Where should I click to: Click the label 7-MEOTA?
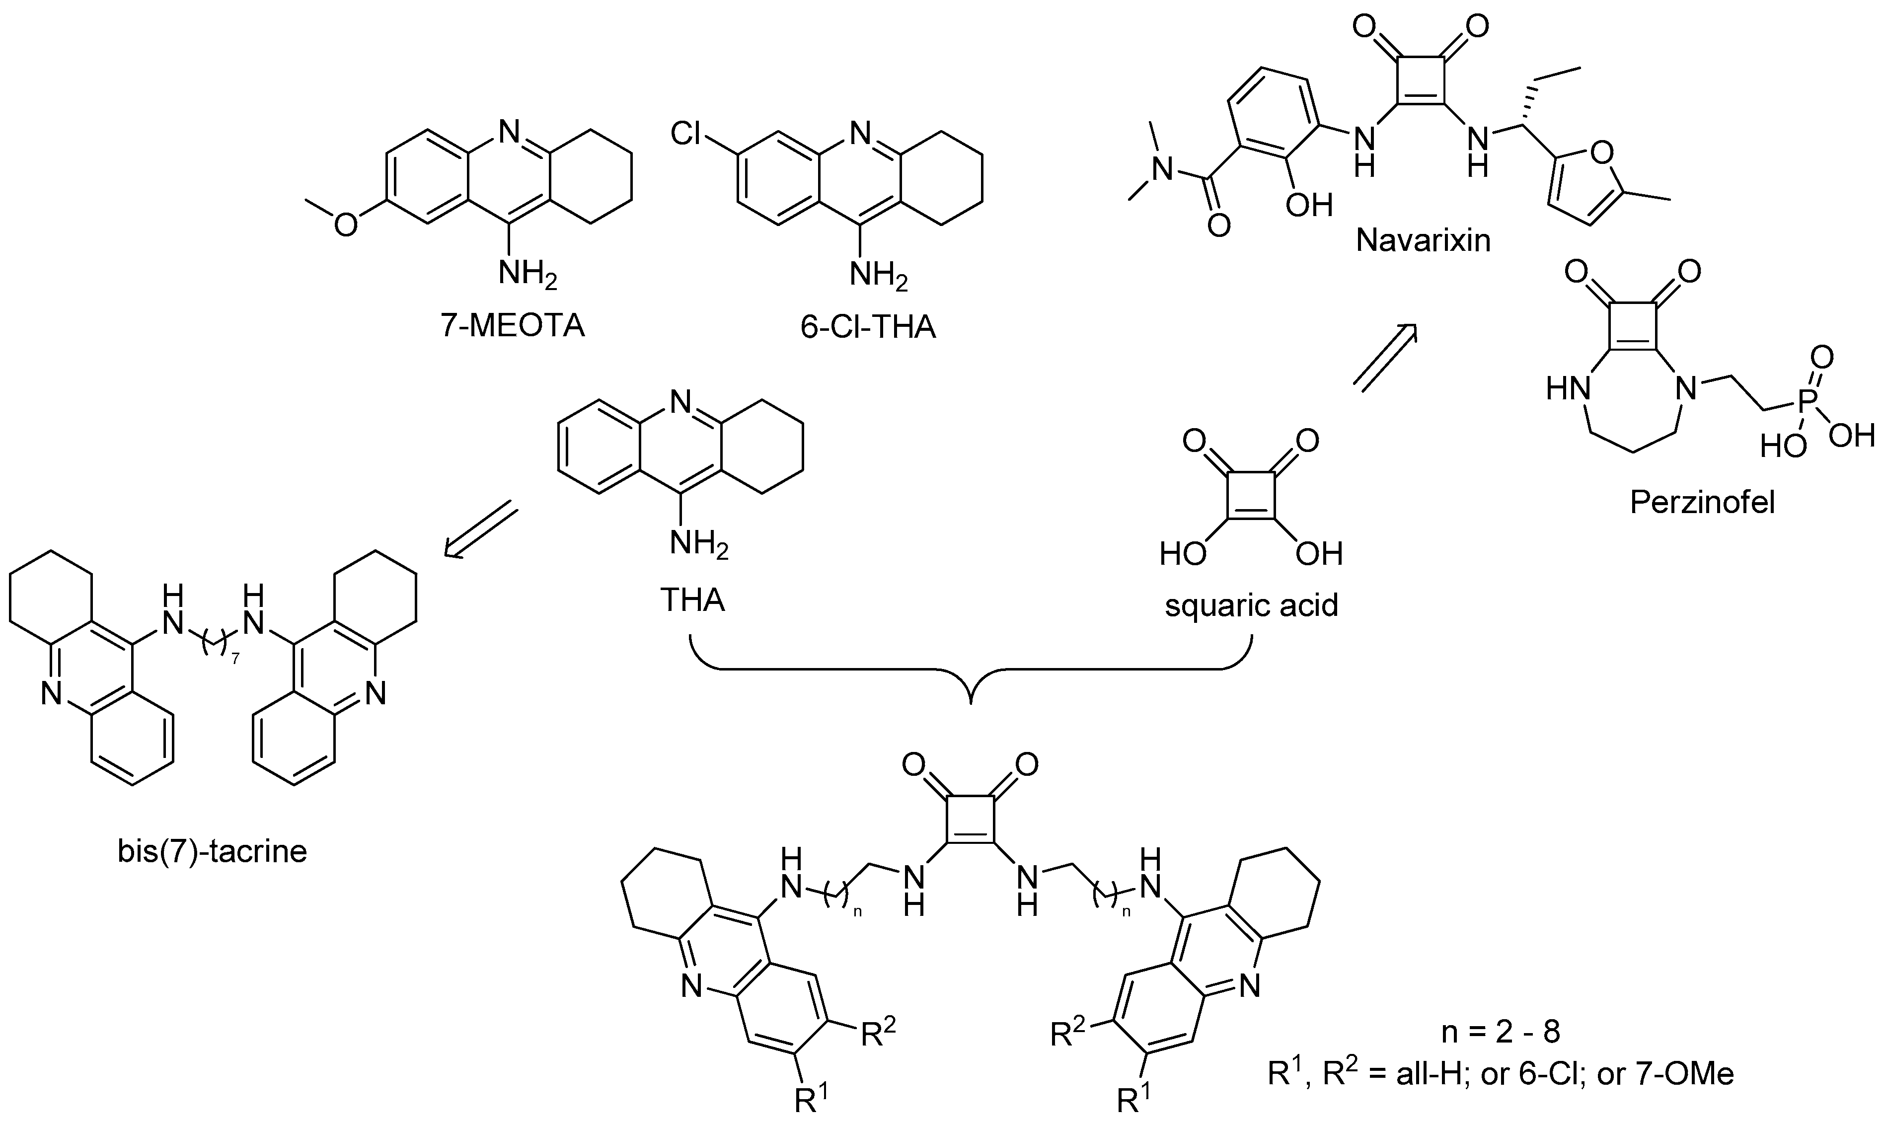tap(512, 327)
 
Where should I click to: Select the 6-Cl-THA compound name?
tap(868, 327)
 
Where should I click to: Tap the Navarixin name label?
tap(1423, 240)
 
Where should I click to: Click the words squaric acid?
tap(1251, 605)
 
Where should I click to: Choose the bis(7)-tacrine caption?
tap(212, 851)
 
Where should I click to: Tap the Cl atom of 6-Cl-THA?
tap(686, 135)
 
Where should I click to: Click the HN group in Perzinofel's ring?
tap(1568, 390)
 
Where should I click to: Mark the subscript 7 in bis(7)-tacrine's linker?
tap(235, 660)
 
